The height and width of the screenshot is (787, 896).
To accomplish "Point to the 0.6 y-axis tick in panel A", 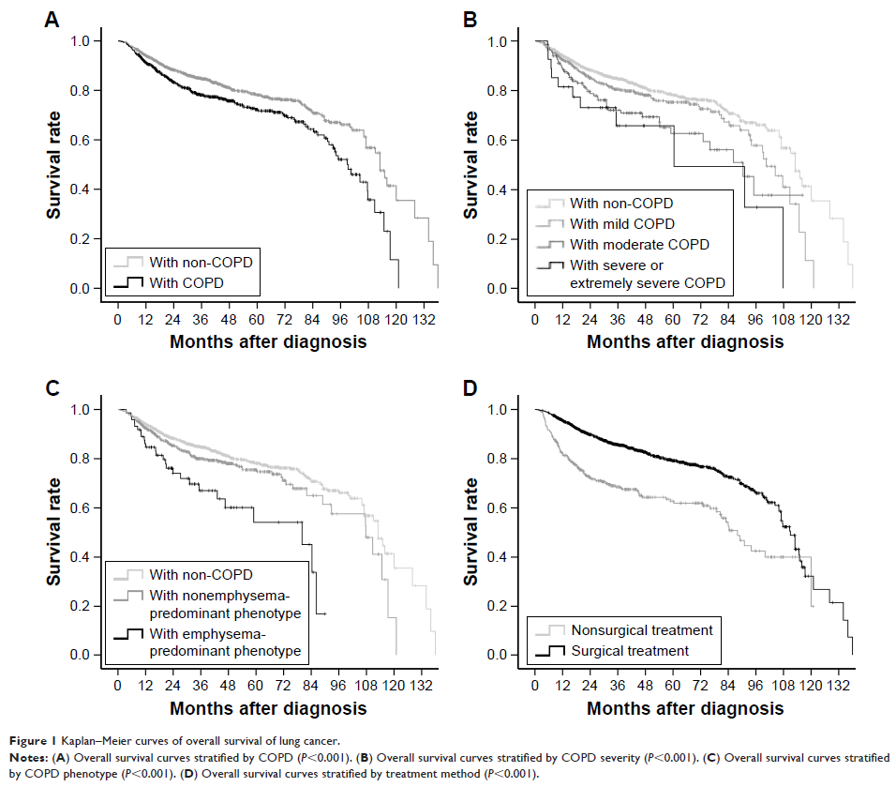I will click(x=92, y=141).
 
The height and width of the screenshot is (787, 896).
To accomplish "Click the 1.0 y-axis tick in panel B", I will click(x=509, y=41).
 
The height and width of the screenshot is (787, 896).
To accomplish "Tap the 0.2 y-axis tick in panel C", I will click(x=92, y=607).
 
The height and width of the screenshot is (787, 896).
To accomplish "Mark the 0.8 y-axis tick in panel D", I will click(x=509, y=459).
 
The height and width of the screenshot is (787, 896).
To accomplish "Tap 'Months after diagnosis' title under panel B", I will click(x=685, y=342).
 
